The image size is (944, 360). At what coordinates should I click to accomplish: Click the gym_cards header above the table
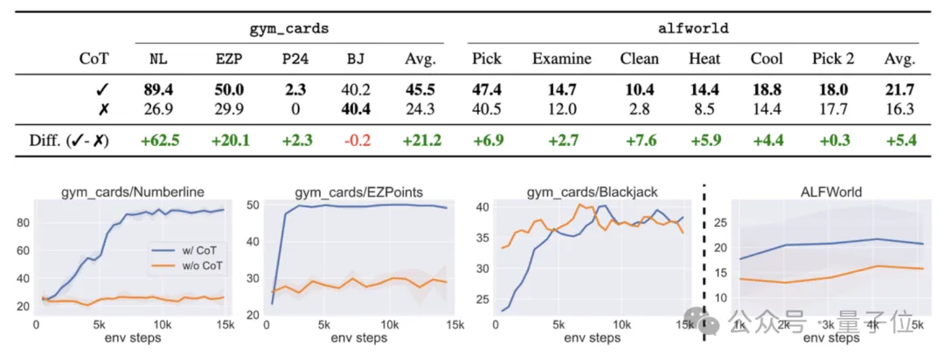click(289, 28)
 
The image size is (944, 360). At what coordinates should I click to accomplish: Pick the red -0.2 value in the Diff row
click(357, 140)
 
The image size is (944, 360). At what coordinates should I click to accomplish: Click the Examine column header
click(561, 59)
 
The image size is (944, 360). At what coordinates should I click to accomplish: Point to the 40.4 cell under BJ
click(357, 109)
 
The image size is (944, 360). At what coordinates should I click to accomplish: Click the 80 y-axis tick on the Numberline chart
click(24, 222)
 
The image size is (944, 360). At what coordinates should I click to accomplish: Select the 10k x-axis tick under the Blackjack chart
click(621, 324)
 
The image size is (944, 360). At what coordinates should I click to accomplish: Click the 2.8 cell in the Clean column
click(639, 109)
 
